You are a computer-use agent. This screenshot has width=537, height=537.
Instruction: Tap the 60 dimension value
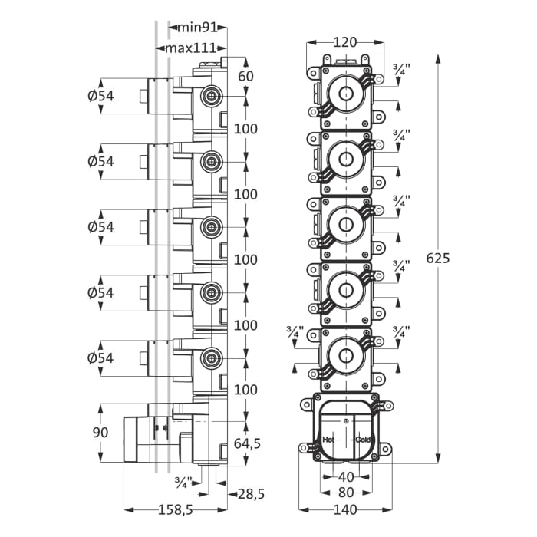tap(245, 75)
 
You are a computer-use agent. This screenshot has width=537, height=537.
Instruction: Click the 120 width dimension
tap(346, 41)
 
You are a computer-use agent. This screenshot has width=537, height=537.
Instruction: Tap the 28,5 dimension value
tap(250, 493)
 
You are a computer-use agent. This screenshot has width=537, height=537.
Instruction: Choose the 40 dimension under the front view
tap(347, 477)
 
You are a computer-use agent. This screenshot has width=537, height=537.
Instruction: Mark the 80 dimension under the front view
tap(347, 492)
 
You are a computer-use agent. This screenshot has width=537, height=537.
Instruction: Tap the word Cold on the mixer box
tap(363, 440)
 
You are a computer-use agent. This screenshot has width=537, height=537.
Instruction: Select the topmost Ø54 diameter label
tap(100, 96)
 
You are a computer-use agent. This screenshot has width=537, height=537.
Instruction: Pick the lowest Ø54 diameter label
tap(100, 357)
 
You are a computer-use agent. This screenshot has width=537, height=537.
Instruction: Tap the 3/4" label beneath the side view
tap(183, 482)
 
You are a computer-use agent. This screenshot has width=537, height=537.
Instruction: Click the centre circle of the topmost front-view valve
tap(347, 96)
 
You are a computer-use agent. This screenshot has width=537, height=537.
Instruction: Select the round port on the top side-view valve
tap(209, 97)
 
